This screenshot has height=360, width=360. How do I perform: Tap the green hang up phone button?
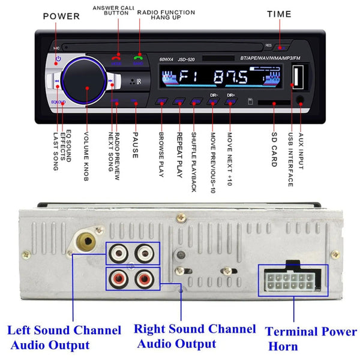click(x=137, y=59)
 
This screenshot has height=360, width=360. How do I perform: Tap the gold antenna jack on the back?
click(x=86, y=243)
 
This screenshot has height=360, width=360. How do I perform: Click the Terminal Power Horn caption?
click(x=310, y=337)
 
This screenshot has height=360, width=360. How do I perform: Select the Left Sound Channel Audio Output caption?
click(x=65, y=337)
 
